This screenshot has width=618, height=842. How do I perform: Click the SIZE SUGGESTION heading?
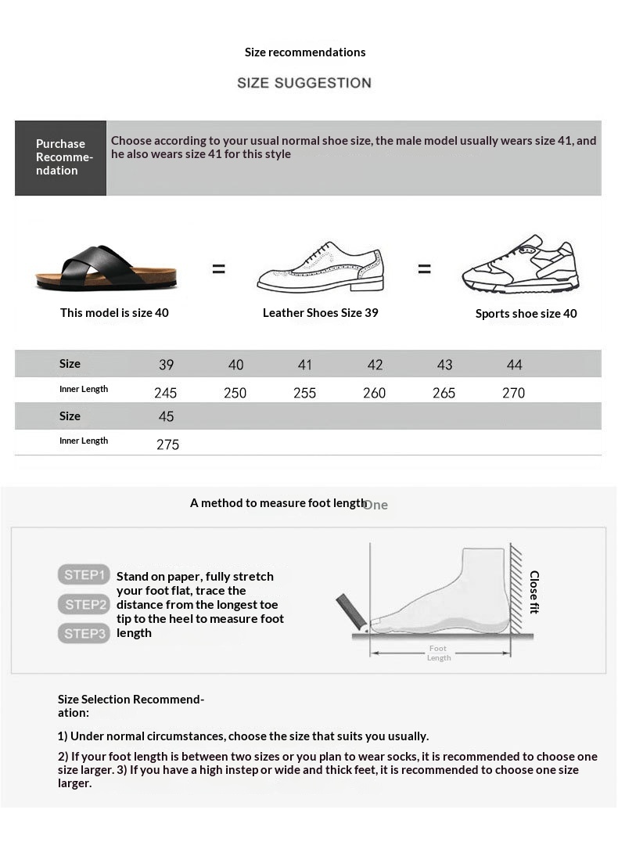pyautogui.click(x=304, y=83)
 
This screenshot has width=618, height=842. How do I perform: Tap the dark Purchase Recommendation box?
pyautogui.click(x=60, y=157)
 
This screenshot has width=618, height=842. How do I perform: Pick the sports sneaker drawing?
pyautogui.click(x=520, y=264)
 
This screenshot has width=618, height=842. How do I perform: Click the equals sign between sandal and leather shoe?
pyautogui.click(x=218, y=268)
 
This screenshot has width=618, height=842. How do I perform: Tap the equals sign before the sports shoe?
pyautogui.click(x=424, y=268)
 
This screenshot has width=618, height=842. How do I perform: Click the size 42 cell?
pyautogui.click(x=375, y=365)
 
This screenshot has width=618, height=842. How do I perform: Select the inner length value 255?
pyautogui.click(x=304, y=393)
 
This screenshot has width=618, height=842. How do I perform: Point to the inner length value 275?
pyautogui.click(x=167, y=444)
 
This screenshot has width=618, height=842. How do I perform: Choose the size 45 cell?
pyautogui.click(x=166, y=416)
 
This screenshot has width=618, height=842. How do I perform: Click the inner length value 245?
pyautogui.click(x=166, y=393)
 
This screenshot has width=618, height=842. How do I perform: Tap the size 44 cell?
pyautogui.click(x=514, y=365)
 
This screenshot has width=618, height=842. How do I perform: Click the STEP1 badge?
pyautogui.click(x=83, y=575)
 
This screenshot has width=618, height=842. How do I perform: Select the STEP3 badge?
pyautogui.click(x=83, y=633)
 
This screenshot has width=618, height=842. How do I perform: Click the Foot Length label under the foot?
pyautogui.click(x=438, y=653)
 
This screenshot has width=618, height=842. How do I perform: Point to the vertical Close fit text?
pyautogui.click(x=534, y=592)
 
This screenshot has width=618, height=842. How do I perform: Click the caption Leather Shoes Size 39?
pyautogui.click(x=320, y=312)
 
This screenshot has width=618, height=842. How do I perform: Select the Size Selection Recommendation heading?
pyautogui.click(x=131, y=706)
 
